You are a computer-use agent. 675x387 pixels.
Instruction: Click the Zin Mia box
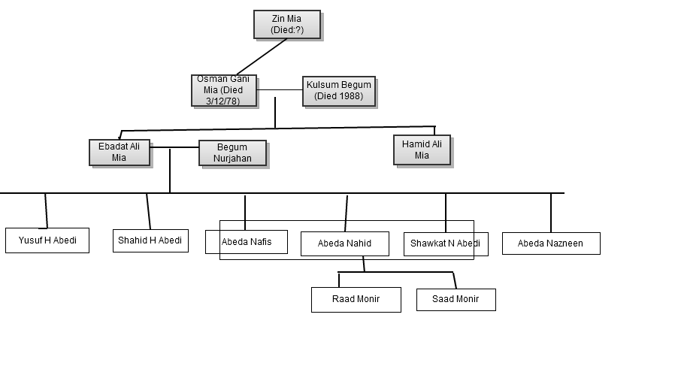(286, 24)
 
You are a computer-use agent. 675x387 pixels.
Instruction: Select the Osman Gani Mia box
(223, 89)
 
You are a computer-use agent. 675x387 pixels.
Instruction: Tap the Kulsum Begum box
(338, 90)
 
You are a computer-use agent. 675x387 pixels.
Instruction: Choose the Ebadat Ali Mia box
(119, 152)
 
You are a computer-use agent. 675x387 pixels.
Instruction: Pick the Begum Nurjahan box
(232, 153)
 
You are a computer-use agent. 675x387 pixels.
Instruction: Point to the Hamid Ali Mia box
(421, 150)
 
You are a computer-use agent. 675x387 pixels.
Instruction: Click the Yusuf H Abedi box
(47, 240)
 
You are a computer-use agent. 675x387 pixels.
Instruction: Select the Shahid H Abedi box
(150, 240)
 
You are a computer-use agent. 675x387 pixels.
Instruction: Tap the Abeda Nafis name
(247, 242)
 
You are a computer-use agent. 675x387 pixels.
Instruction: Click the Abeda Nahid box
(344, 243)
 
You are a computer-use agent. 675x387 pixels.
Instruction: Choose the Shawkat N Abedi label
(444, 243)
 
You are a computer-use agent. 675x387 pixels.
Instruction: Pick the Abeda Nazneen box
(550, 243)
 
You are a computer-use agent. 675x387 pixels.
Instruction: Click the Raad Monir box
(356, 299)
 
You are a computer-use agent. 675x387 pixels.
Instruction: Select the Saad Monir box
(456, 299)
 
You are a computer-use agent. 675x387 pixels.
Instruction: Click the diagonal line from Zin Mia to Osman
(262, 56)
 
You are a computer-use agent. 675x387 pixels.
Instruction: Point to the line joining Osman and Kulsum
(280, 90)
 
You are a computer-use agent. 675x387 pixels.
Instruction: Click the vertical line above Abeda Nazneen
(551, 213)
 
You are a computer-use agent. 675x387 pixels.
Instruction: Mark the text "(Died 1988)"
(338, 96)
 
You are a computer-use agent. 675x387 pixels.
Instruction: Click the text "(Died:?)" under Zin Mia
(286, 30)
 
